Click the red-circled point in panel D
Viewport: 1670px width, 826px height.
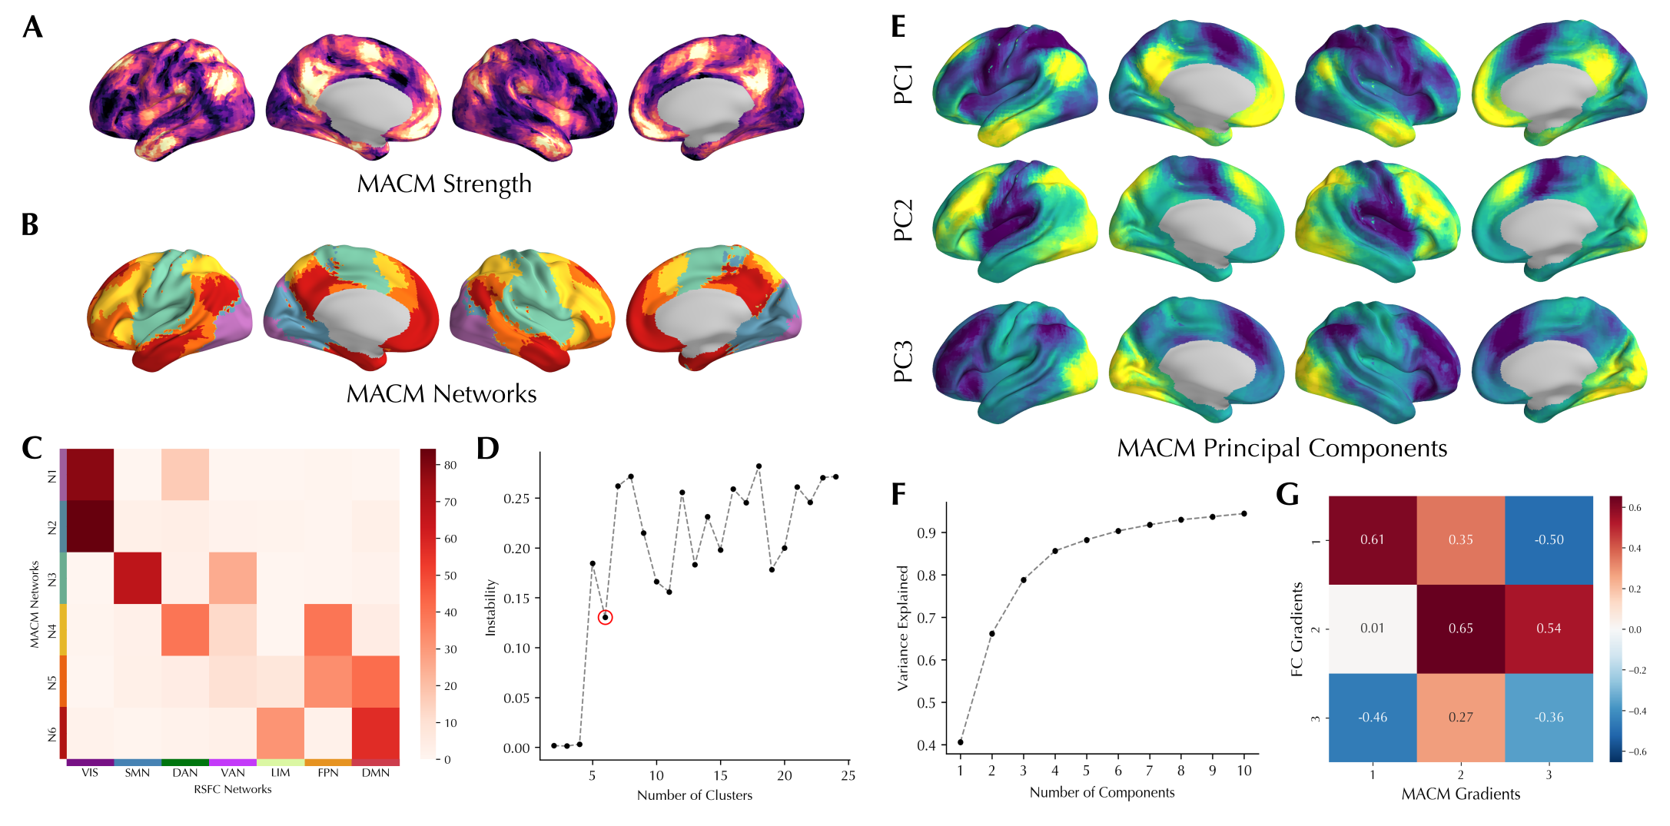pyautogui.click(x=606, y=617)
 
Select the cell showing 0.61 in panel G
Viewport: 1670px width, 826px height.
pyautogui.click(x=1372, y=539)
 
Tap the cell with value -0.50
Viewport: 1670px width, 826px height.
pyautogui.click(x=1549, y=539)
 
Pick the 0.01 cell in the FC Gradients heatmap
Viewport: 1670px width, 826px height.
pyautogui.click(x=1372, y=629)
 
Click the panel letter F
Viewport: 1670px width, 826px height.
pyautogui.click(x=898, y=494)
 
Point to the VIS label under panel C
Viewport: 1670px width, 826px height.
pyautogui.click(x=90, y=773)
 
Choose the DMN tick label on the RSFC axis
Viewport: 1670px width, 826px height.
pyautogui.click(x=376, y=773)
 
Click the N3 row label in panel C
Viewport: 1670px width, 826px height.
pyautogui.click(x=52, y=579)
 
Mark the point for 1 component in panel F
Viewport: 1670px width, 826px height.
pyautogui.click(x=961, y=742)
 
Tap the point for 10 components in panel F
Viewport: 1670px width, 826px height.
pyautogui.click(x=1244, y=513)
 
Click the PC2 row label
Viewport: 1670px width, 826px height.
pyautogui.click(x=904, y=220)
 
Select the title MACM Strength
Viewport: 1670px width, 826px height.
pyautogui.click(x=444, y=184)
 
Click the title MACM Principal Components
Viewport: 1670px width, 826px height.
pyautogui.click(x=1282, y=448)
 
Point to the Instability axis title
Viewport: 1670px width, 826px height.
pyautogui.click(x=490, y=607)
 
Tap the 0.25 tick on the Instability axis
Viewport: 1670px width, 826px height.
pyautogui.click(x=516, y=499)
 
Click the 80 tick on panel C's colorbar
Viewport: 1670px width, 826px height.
pyautogui.click(x=450, y=465)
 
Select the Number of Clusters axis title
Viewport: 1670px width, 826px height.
pyautogui.click(x=695, y=795)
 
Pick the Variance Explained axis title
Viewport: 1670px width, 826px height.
pyautogui.click(x=903, y=628)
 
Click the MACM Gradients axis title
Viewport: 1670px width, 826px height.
pyautogui.click(x=1460, y=794)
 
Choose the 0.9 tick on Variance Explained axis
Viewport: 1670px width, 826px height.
pyautogui.click(x=927, y=532)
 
